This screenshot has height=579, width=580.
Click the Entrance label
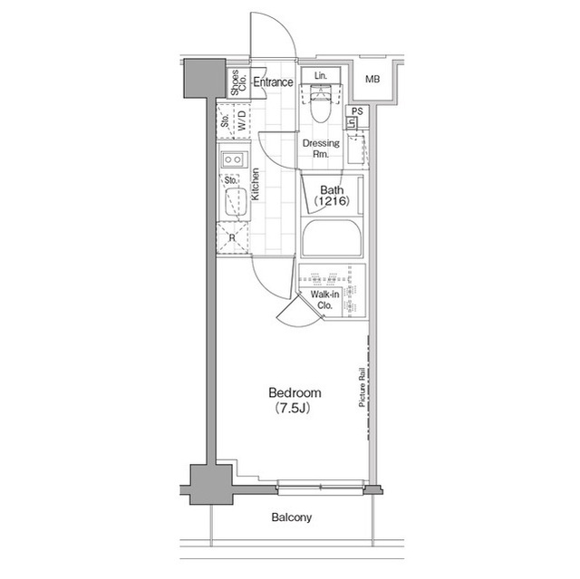[273, 83]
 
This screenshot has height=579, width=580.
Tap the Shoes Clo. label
[235, 83]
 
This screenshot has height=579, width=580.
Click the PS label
[357, 111]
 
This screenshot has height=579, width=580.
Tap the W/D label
[240, 120]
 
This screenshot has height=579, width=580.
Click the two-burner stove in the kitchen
[232, 160]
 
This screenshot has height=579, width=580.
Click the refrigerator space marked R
[232, 237]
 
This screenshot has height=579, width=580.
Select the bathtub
[332, 239]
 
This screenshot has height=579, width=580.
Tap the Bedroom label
[295, 393]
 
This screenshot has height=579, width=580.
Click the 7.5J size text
[295, 409]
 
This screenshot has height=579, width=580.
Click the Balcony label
[291, 518]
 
